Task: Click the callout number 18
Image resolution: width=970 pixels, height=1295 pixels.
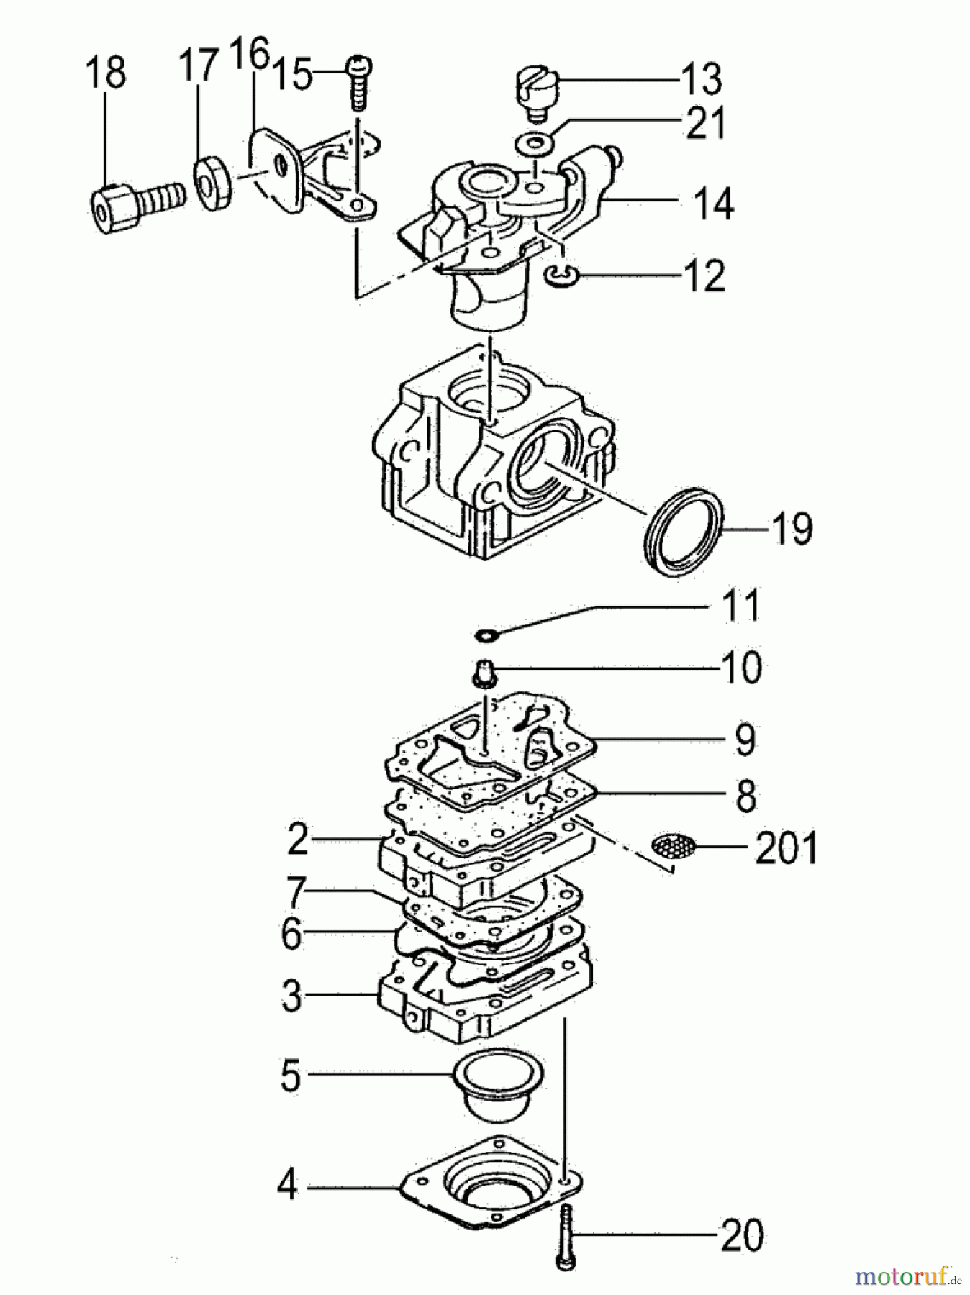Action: tap(106, 73)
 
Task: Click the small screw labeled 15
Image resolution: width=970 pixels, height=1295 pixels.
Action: tap(358, 83)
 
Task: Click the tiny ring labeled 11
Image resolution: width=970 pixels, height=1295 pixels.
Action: tap(487, 635)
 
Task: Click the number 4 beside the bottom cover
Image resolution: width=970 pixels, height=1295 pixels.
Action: tap(287, 1184)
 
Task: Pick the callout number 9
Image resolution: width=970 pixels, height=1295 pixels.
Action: tap(745, 740)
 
